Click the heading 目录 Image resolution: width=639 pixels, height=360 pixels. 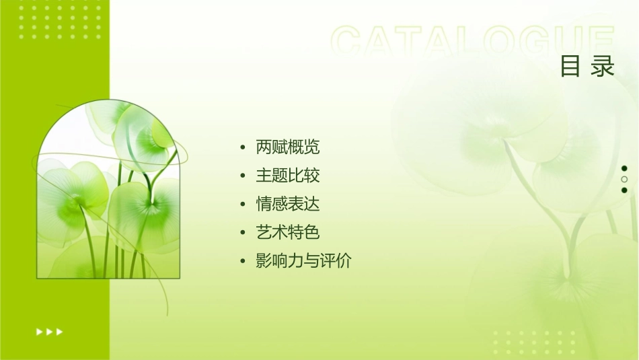click(587, 67)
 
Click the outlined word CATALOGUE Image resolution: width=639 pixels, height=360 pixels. click(473, 42)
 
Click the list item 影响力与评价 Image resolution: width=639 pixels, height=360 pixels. click(303, 261)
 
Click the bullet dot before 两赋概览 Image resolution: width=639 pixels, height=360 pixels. click(242, 147)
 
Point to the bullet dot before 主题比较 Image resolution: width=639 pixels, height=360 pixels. click(242, 176)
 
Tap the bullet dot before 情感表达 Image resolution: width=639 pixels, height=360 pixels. click(242, 205)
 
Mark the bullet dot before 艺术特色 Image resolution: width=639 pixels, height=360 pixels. click(242, 233)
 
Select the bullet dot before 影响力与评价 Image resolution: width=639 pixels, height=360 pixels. click(242, 261)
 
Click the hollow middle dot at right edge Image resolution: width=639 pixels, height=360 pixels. click(624, 180)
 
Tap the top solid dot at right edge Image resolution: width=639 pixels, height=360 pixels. click(624, 168)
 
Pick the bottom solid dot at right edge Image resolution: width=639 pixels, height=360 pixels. click(624, 190)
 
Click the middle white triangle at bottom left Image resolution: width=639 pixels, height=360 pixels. click(50, 332)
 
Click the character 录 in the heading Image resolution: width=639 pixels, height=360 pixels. click(603, 67)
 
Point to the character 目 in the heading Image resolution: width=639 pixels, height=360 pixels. click(570, 67)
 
